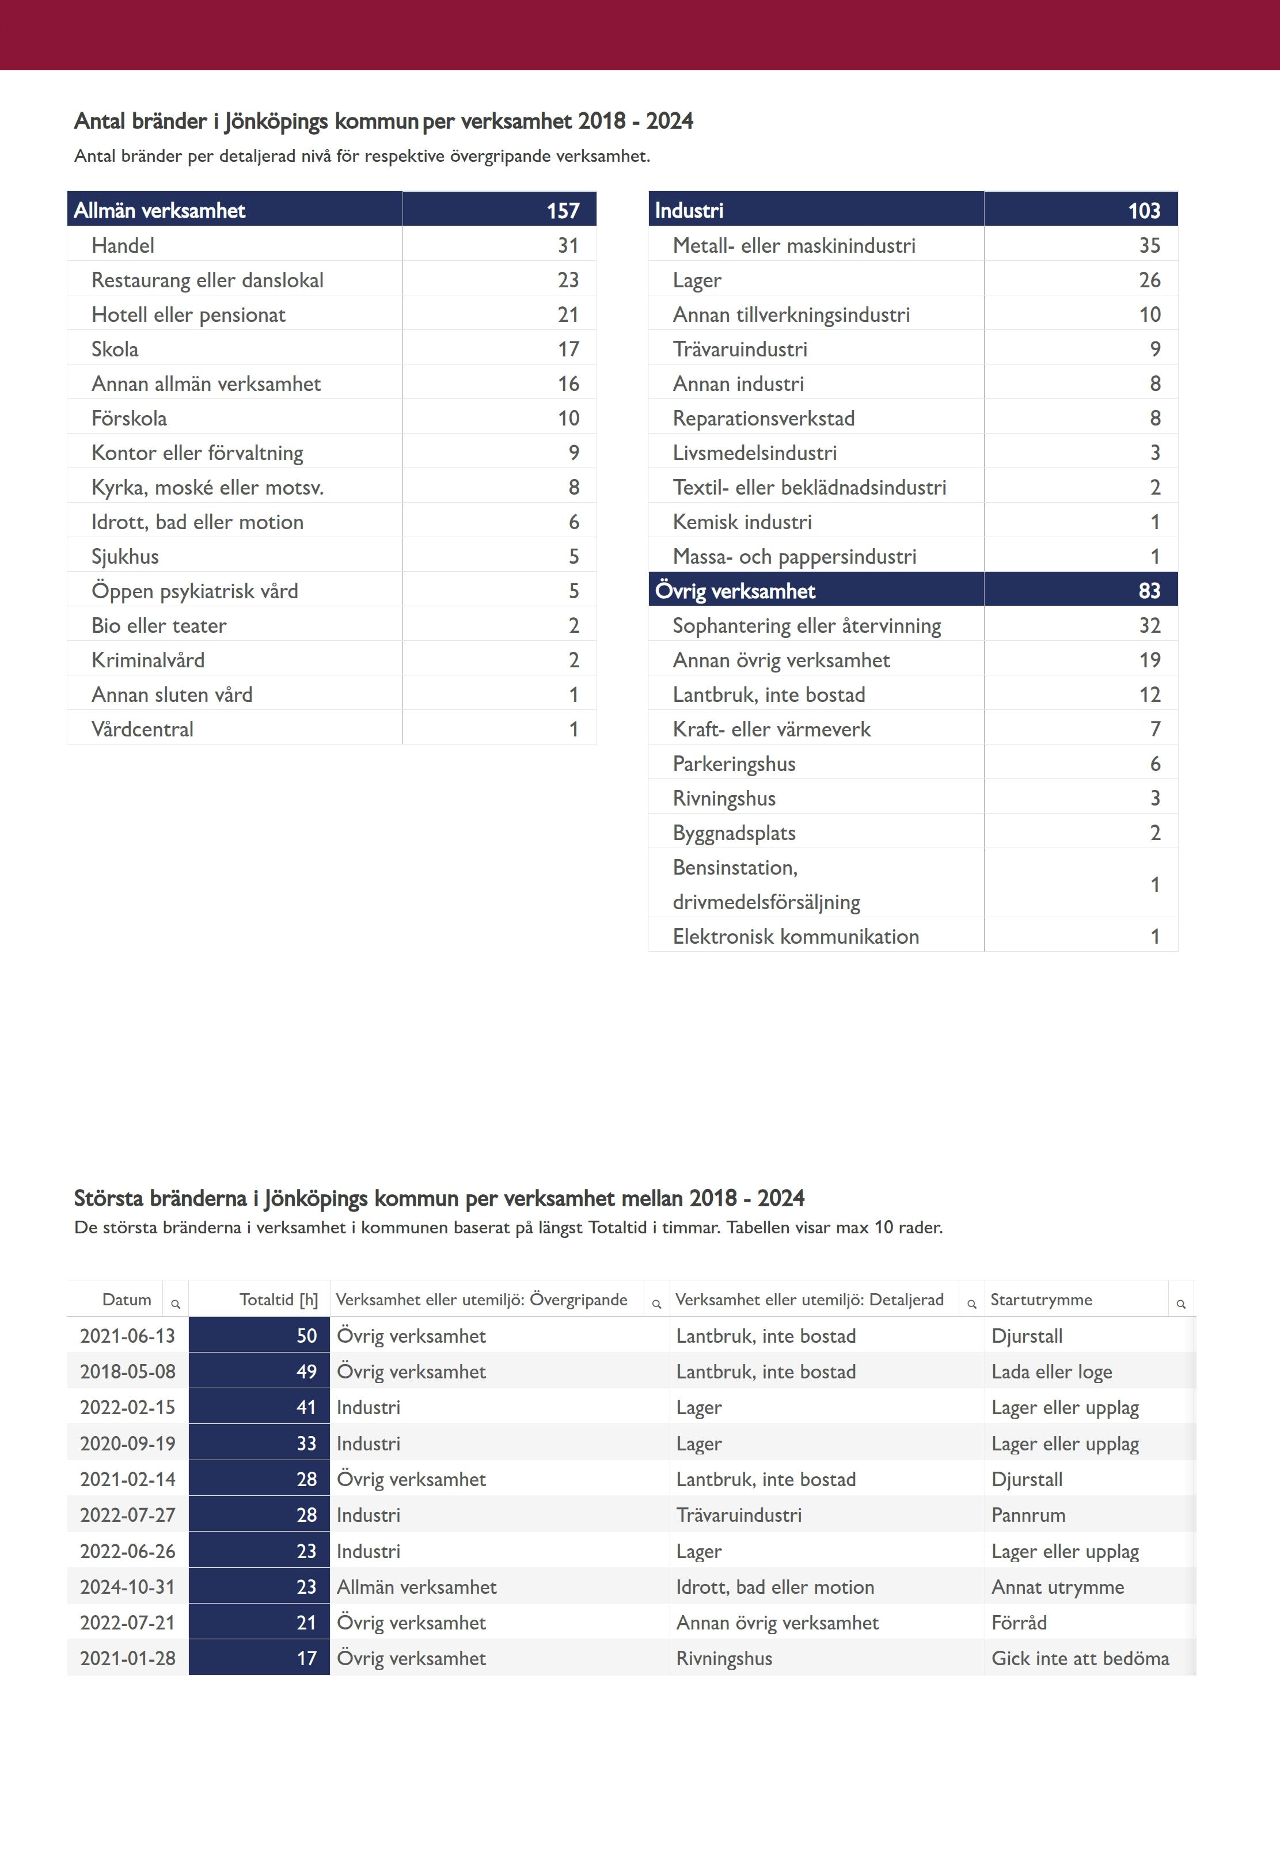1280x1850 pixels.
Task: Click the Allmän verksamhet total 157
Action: (563, 211)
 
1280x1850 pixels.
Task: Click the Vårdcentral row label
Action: (142, 729)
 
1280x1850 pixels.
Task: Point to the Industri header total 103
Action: (1144, 211)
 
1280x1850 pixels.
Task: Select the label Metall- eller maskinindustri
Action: (793, 245)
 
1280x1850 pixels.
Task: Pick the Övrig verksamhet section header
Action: (735, 591)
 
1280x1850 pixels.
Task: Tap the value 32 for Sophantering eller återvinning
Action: (1149, 625)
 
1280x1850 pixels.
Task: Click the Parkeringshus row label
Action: (734, 763)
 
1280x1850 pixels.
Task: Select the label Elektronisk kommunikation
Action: (796, 937)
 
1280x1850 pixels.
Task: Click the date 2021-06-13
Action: (127, 1336)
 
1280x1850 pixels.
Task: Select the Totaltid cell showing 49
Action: (306, 1372)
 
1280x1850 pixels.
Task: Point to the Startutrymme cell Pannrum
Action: (1028, 1515)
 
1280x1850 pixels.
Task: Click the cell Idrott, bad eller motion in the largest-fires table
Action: (775, 1587)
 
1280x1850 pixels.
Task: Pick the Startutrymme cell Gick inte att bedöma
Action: (1080, 1658)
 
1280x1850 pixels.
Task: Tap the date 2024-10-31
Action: (127, 1587)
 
